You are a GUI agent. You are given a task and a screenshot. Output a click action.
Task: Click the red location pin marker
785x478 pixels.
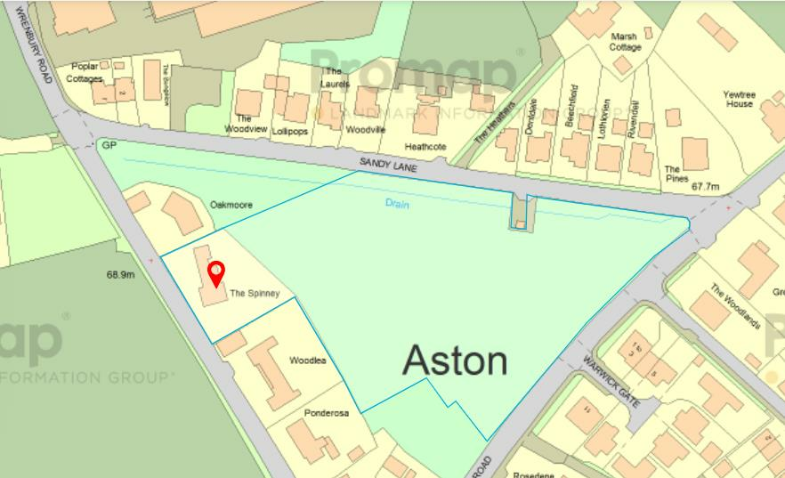(215, 272)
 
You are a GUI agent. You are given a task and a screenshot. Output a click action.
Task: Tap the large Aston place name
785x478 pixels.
(455, 361)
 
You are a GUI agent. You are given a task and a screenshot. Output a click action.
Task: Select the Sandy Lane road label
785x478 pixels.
(388, 164)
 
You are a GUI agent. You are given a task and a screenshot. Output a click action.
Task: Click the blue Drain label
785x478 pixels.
(397, 202)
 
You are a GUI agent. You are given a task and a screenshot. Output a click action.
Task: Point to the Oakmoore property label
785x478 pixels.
(231, 205)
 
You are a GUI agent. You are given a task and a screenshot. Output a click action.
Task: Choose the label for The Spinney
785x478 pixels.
(255, 293)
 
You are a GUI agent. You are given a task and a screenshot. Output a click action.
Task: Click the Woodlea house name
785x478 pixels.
(308, 361)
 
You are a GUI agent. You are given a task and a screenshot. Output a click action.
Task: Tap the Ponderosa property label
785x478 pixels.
(327, 413)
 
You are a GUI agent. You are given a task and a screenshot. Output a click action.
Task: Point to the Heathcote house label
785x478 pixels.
(425, 146)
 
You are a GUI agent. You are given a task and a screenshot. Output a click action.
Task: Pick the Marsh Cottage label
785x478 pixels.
(625, 42)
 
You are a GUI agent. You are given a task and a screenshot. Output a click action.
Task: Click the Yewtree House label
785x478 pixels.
(738, 98)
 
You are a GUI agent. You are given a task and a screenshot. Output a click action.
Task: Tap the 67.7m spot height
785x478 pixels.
(705, 187)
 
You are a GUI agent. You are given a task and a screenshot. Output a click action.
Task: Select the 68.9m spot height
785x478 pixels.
(120, 275)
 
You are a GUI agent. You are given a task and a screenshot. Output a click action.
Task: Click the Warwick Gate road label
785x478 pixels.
(611, 382)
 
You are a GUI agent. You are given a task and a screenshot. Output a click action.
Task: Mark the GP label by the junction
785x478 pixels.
(109, 143)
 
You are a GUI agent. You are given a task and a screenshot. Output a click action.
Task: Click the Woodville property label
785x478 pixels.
(365, 130)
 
